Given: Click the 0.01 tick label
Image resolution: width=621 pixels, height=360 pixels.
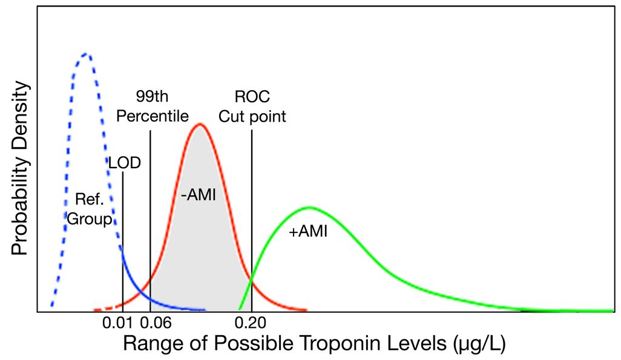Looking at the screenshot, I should click(124, 324).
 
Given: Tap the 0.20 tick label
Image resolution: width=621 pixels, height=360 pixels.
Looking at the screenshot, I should click(252, 324).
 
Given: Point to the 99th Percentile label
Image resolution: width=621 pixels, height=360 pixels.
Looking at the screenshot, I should click(153, 106).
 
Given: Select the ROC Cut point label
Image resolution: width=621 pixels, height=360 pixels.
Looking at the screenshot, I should click(252, 106).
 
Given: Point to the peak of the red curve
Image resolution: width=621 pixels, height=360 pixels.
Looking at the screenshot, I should click(199, 125).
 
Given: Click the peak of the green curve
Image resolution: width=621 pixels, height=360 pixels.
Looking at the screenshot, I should click(309, 208).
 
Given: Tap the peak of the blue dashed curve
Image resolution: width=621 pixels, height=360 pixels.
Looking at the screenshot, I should click(86, 54).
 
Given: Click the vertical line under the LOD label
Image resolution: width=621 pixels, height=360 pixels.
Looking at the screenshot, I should click(123, 242).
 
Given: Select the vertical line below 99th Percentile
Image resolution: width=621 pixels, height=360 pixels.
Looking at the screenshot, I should click(150, 218).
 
